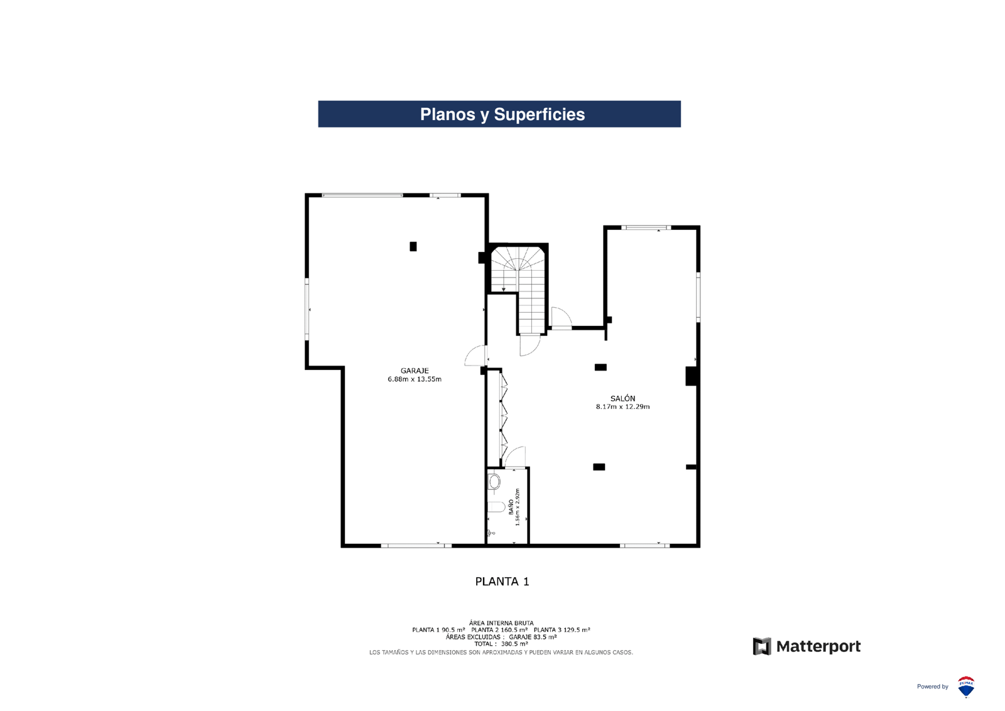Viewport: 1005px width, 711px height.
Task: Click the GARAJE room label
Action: pyautogui.click(x=415, y=371)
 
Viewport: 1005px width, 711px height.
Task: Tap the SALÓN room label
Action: pyautogui.click(x=622, y=398)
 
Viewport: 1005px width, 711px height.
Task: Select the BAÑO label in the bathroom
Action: pyautogui.click(x=511, y=506)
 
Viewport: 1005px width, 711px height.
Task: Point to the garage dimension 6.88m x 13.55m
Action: pyautogui.click(x=415, y=379)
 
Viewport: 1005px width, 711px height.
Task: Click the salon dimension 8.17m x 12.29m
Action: pyautogui.click(x=622, y=407)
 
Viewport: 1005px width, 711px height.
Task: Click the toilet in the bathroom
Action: pyautogui.click(x=494, y=482)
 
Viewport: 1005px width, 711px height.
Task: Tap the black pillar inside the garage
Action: pyautogui.click(x=413, y=246)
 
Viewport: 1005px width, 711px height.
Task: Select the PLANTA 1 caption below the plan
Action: pyautogui.click(x=502, y=582)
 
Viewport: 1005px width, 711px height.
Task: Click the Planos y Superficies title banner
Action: pyautogui.click(x=499, y=114)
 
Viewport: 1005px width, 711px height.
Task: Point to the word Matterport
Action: pyautogui.click(x=818, y=646)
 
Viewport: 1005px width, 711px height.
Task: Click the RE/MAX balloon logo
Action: pyautogui.click(x=966, y=687)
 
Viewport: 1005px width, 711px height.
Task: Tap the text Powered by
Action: pyautogui.click(x=932, y=687)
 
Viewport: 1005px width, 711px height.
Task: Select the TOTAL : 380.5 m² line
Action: pyautogui.click(x=501, y=644)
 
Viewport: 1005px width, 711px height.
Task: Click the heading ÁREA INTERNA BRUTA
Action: pyautogui.click(x=501, y=622)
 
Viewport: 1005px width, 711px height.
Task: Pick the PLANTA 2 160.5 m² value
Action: pyautogui.click(x=499, y=630)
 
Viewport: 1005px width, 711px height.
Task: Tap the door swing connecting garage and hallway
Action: pyautogui.click(x=475, y=355)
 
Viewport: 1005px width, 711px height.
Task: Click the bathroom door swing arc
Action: pyautogui.click(x=515, y=457)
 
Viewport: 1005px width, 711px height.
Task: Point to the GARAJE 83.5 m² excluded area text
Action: pyautogui.click(x=533, y=637)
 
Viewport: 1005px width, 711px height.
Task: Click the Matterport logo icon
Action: pyautogui.click(x=762, y=646)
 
